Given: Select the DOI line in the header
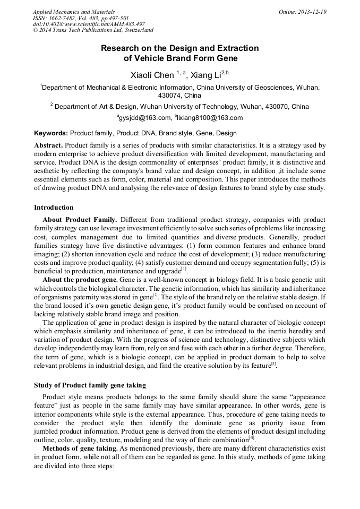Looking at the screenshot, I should click(89, 24).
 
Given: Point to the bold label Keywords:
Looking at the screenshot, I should click(51, 133).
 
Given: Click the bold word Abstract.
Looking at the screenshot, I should click(48, 145).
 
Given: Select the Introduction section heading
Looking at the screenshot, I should click(54, 208).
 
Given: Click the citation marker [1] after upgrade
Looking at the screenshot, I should click(184, 269).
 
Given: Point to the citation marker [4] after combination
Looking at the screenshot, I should click(252, 438).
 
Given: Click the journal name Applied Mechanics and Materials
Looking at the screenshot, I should click(74, 12).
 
